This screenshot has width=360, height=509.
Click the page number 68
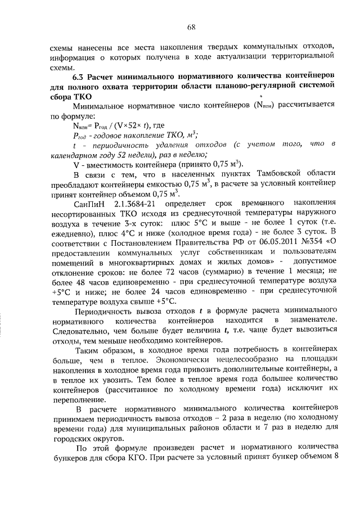coord(191,26)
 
